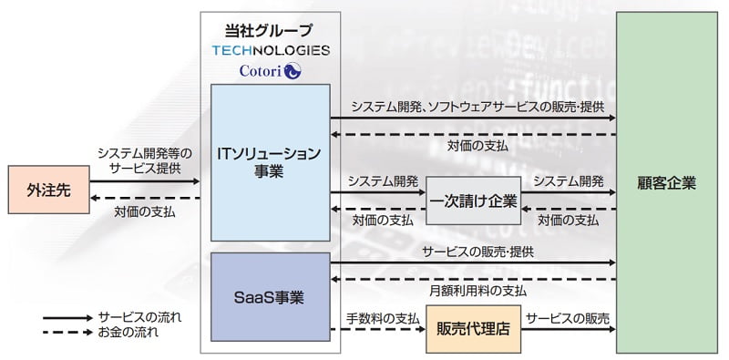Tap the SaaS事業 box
tap(270, 297)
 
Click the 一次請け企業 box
tap(473, 201)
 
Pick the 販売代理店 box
tap(474, 331)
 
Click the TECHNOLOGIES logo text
tap(270, 49)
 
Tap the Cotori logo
tap(270, 70)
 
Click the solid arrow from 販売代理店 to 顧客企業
tap(568, 331)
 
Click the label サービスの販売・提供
tap(472, 251)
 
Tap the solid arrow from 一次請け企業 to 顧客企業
tap(568, 192)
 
